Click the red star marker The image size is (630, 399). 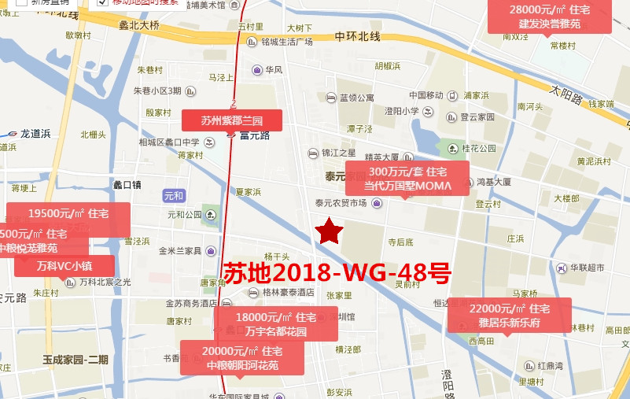coord(329,231)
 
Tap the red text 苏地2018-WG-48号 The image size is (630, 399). coord(337,274)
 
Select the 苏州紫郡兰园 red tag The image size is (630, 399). coord(231,120)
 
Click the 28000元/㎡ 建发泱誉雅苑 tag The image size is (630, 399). coord(549,17)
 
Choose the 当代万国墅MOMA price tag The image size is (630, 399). coord(407,179)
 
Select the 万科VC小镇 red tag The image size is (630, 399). coord(64,265)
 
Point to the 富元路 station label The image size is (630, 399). coord(254,135)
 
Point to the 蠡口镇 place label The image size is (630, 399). coord(126,185)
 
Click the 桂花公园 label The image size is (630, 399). coord(479,148)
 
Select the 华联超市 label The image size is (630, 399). coord(587,268)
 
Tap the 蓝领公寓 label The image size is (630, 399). coord(356,98)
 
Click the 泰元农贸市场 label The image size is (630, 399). coord(341,203)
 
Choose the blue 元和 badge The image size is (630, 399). coord(173,195)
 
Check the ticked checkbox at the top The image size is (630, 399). coord(103,2)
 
